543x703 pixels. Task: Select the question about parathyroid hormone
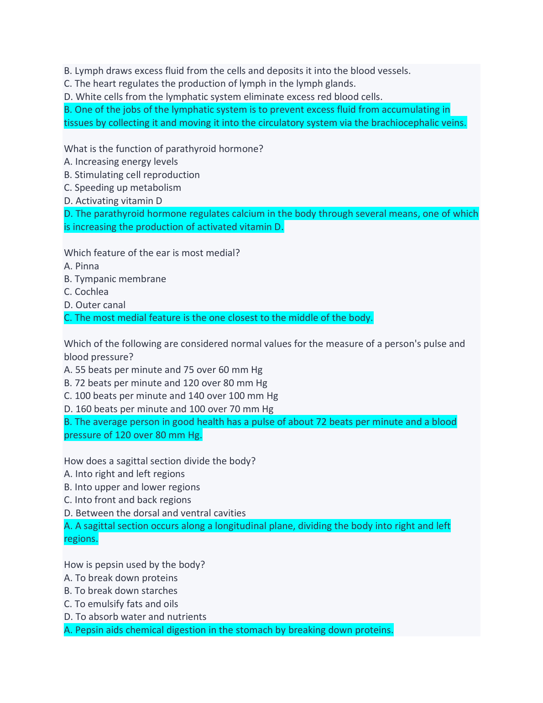[163, 149]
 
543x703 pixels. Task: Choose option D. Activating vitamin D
[113, 201]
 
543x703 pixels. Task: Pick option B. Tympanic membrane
[115, 279]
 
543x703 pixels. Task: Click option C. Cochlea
[86, 292]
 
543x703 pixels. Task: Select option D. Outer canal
[94, 305]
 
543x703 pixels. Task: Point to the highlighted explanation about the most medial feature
[218, 318]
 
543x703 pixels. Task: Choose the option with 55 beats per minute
[163, 370]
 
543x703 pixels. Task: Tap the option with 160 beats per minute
[168, 409]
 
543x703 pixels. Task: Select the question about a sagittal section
[160, 461]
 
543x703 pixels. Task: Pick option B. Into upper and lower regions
[132, 487]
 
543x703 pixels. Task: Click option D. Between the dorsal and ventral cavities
[155, 513]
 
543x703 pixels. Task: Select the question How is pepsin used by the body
[135, 565]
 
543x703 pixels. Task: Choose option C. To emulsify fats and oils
[121, 604]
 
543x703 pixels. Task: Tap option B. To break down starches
[120, 591]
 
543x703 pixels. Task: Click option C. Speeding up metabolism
[122, 188]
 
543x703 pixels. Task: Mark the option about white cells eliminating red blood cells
[223, 97]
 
